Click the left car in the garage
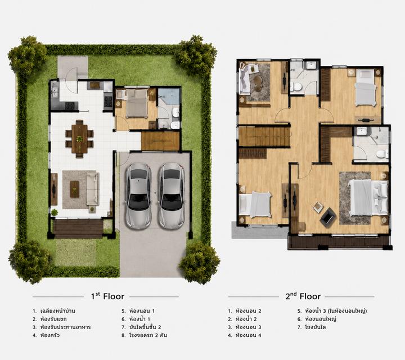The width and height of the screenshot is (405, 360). (x=138, y=196)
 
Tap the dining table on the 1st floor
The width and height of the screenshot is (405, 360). (x=79, y=139)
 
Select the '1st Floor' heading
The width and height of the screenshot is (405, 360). (x=107, y=296)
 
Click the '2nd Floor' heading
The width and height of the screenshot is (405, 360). (x=303, y=296)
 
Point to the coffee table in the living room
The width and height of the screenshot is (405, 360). (x=75, y=190)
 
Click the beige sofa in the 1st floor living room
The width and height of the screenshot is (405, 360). (x=93, y=188)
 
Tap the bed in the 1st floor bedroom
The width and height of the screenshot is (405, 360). (x=137, y=103)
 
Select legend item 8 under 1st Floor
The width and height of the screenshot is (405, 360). (x=145, y=335)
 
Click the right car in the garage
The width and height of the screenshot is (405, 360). (x=171, y=196)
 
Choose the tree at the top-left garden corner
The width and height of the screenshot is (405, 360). (x=27, y=57)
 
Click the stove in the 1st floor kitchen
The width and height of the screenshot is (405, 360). (x=108, y=100)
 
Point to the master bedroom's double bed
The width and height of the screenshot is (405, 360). (x=368, y=197)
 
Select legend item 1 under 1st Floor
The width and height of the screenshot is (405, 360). (x=54, y=311)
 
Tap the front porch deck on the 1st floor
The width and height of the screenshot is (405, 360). (x=78, y=229)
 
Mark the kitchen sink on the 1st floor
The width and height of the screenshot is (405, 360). (x=55, y=92)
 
